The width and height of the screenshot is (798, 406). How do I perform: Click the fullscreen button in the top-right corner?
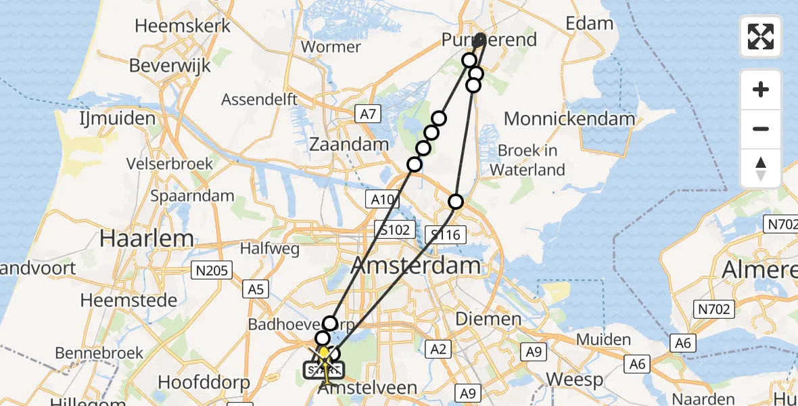tap(761, 37)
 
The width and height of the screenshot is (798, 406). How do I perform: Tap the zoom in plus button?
tap(761, 89)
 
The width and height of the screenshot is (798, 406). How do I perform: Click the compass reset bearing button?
tap(761, 168)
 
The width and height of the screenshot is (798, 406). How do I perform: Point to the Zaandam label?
tap(349, 143)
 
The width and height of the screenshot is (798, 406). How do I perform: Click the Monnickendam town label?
tap(569, 119)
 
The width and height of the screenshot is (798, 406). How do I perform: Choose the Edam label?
tap(590, 24)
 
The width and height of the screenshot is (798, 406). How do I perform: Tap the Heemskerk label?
tap(183, 26)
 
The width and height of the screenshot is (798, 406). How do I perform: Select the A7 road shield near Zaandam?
tap(367, 114)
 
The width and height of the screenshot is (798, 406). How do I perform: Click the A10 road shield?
tap(382, 199)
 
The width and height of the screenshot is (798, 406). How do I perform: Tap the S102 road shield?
tap(394, 230)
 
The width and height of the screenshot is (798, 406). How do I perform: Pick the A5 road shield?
tap(255, 290)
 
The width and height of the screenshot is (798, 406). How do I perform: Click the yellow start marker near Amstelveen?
tap(324, 353)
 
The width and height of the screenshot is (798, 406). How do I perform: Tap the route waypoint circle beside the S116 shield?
tap(456, 202)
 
